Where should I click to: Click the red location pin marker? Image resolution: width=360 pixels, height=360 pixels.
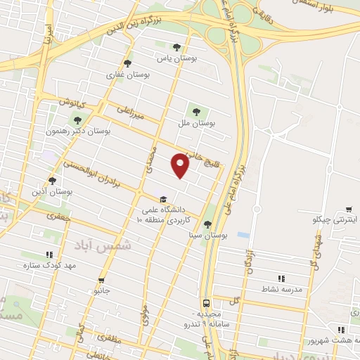[x=181, y=165]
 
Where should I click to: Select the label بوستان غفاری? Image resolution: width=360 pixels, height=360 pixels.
[x=125, y=73]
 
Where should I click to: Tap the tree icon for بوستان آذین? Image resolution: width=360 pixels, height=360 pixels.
[x=52, y=180]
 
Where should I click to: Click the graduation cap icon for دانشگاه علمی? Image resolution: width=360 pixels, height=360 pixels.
[x=163, y=200]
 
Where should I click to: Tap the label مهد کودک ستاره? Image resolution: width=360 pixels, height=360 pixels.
[x=49, y=266]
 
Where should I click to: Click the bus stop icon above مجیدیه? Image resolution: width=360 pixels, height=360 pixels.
[x=205, y=302]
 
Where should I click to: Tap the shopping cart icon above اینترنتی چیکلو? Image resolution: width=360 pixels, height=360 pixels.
[x=349, y=209]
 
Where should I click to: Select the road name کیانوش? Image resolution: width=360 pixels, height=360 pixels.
[x=71, y=103]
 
